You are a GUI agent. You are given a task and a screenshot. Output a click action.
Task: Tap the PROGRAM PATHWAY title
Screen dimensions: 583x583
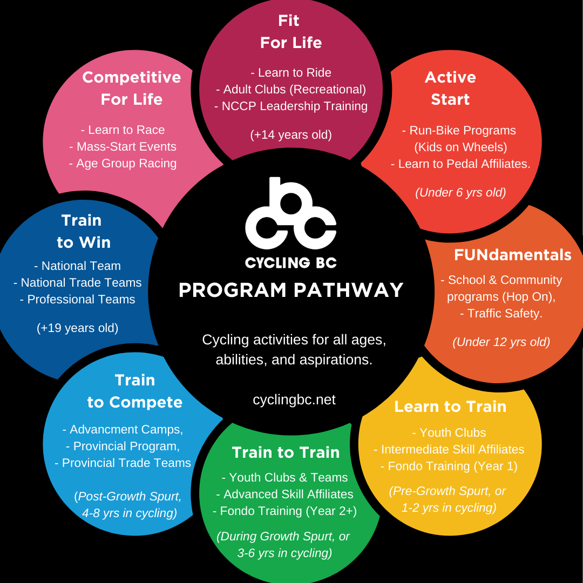click(291, 290)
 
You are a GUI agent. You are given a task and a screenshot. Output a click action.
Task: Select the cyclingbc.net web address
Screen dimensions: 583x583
click(294, 399)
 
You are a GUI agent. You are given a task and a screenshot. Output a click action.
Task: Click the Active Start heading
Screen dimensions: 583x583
click(450, 88)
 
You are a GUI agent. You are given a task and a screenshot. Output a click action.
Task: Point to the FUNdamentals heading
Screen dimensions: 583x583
click(512, 255)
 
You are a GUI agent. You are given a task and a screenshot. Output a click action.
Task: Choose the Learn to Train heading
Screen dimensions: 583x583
click(450, 406)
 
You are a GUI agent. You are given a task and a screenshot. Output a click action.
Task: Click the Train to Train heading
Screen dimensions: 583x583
click(286, 452)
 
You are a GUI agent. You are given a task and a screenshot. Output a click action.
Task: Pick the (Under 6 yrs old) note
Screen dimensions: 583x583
click(460, 192)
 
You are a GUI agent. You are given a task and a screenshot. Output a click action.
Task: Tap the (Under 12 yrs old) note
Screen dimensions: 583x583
click(501, 342)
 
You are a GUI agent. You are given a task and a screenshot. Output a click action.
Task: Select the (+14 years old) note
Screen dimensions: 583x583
click(291, 134)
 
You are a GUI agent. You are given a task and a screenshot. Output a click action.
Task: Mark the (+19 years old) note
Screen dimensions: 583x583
click(77, 328)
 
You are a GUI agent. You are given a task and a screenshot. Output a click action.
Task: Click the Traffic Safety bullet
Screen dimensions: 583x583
click(501, 313)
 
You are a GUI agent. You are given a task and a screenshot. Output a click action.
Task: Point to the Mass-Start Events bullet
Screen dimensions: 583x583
click(123, 146)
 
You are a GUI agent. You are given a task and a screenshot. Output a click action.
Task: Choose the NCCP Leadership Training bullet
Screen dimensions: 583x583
click(291, 106)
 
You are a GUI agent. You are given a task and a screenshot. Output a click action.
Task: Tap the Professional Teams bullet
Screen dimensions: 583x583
click(77, 299)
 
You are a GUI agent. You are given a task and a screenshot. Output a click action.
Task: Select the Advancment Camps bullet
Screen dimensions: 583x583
click(123, 429)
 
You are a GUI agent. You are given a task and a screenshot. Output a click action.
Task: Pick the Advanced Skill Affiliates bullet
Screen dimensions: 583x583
click(284, 494)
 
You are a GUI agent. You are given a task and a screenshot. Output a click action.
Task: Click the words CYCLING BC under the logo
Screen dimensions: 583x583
click(291, 263)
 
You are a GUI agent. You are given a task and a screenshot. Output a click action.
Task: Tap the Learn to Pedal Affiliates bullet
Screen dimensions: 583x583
click(460, 164)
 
